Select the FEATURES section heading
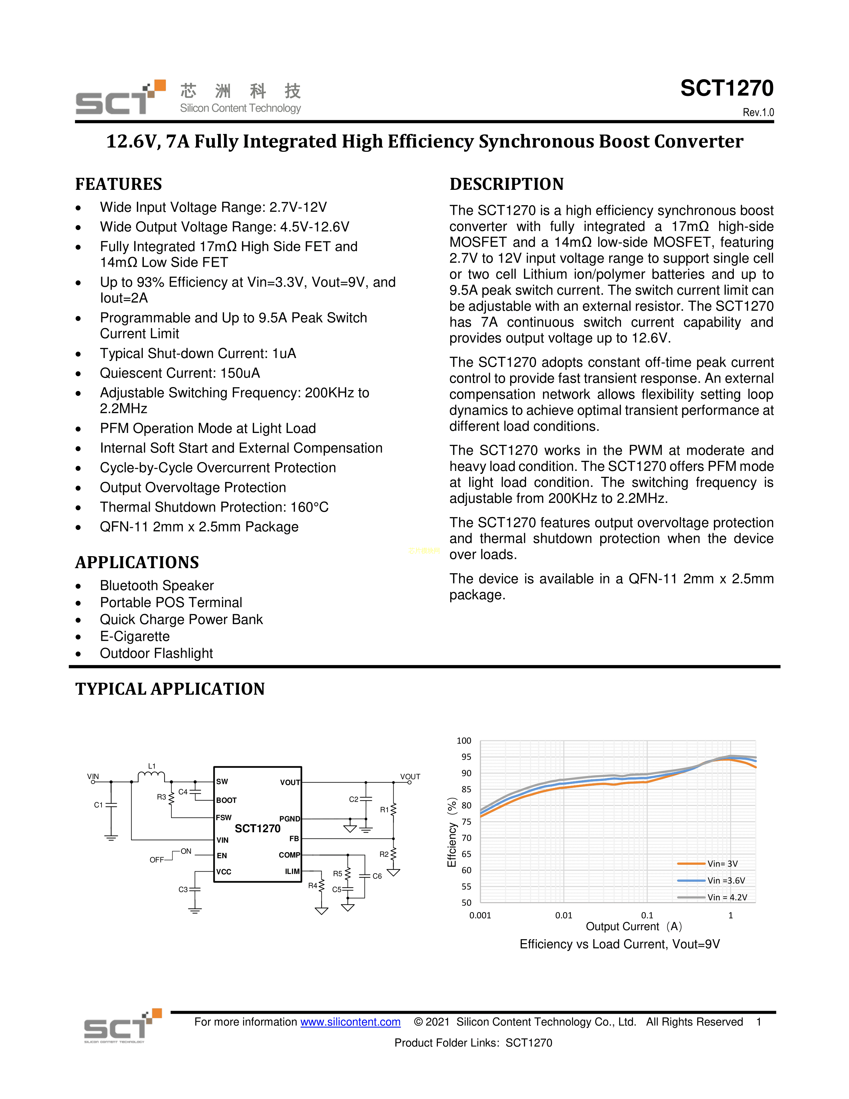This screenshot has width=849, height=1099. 119,184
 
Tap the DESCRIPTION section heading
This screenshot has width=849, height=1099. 506,184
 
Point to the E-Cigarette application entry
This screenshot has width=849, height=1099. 135,636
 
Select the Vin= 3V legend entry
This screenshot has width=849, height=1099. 722,864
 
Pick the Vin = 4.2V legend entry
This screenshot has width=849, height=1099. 727,897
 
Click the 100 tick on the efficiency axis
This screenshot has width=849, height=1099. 464,741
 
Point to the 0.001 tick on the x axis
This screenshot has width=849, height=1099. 480,915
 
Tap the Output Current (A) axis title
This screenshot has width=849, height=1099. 634,926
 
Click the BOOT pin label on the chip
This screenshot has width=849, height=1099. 226,800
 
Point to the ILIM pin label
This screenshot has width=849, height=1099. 292,872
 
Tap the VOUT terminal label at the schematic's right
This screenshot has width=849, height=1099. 410,776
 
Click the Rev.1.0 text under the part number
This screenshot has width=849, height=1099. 758,112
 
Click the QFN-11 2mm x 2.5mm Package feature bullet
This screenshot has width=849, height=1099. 199,527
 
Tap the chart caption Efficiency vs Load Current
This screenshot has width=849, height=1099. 620,944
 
